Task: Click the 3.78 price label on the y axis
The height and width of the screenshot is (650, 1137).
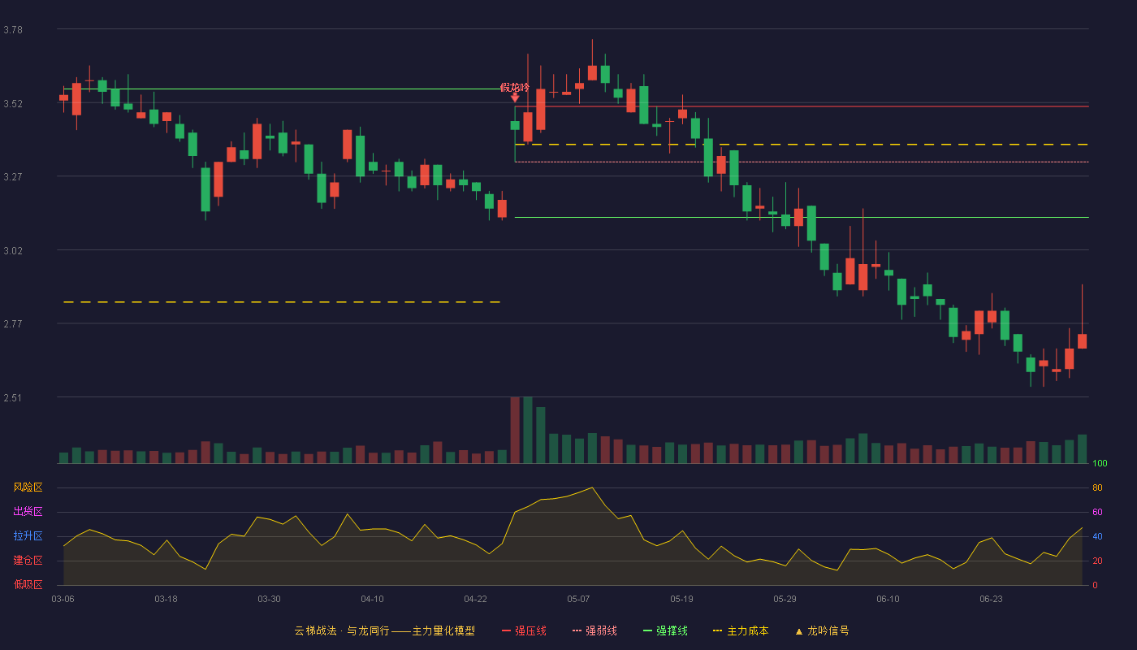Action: tap(13, 30)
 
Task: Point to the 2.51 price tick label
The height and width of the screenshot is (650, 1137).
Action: tap(13, 397)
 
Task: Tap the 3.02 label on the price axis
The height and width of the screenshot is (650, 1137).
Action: tap(13, 251)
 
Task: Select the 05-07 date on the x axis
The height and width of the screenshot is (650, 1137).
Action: tap(578, 600)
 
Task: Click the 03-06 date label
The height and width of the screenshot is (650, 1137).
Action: tap(63, 600)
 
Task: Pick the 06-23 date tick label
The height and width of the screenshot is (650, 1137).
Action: tap(991, 600)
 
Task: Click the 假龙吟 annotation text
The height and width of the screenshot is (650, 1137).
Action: tap(515, 88)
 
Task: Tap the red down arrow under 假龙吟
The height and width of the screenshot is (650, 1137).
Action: tap(515, 97)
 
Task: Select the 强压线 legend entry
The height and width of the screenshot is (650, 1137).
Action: tap(524, 630)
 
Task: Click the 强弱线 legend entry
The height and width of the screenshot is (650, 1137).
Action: tap(594, 630)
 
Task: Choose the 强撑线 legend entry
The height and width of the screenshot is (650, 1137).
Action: tap(665, 630)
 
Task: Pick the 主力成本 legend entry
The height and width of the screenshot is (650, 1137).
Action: tap(741, 630)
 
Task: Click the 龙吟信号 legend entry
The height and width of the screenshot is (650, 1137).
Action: tap(822, 630)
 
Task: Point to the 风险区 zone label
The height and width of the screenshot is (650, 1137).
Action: tap(28, 487)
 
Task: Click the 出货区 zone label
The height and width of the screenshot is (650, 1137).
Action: tap(28, 511)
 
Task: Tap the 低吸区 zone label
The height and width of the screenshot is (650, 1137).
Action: tap(28, 584)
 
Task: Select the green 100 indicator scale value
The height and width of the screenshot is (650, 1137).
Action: tap(1100, 463)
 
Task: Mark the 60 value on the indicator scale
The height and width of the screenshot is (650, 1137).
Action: tap(1097, 512)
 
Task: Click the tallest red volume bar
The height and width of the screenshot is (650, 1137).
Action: tap(515, 430)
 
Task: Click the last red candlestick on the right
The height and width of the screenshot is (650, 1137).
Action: tap(1082, 340)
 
